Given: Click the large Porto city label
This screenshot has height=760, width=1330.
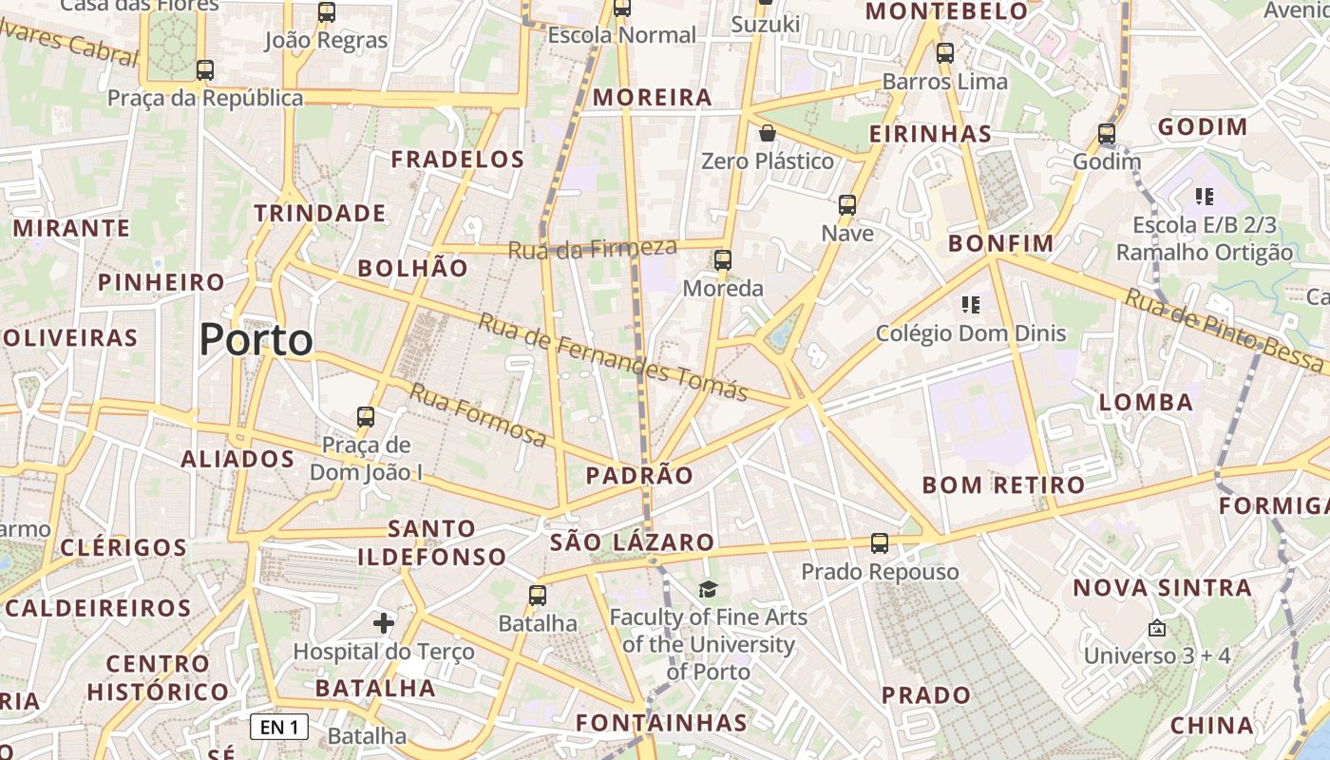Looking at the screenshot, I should click(256, 339).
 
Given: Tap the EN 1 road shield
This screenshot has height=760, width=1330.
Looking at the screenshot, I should click(280, 728).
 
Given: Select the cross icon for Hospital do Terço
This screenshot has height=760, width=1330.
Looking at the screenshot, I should click(384, 623).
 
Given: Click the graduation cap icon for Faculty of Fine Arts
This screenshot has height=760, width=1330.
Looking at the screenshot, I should click(708, 590).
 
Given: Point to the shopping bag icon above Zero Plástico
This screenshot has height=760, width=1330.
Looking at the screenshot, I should click(768, 133).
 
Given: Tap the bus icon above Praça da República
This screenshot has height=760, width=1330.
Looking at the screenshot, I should click(204, 69).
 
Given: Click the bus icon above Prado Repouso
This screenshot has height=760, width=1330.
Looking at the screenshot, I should click(880, 543).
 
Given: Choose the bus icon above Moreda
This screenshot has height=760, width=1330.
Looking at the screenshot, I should click(723, 259).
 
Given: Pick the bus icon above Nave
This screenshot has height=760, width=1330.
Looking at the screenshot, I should click(847, 204).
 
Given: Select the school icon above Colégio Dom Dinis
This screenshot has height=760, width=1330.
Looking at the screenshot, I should click(970, 305).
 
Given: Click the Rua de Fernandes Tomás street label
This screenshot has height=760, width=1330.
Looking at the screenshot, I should click(613, 357).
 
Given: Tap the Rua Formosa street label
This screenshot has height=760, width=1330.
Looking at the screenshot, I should click(478, 415).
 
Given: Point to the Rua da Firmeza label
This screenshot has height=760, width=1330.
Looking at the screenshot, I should click(593, 249).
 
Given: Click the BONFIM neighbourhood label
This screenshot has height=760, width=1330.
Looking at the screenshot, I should click(1001, 244).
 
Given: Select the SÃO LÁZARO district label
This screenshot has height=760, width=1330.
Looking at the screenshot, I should click(632, 542).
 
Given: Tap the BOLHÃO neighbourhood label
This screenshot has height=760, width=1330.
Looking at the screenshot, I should click(413, 269).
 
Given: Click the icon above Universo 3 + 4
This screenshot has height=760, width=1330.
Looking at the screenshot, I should click(1157, 628).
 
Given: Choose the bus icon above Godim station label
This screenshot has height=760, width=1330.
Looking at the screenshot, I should click(1107, 133).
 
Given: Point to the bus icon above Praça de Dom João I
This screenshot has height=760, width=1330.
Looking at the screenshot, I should click(366, 416).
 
